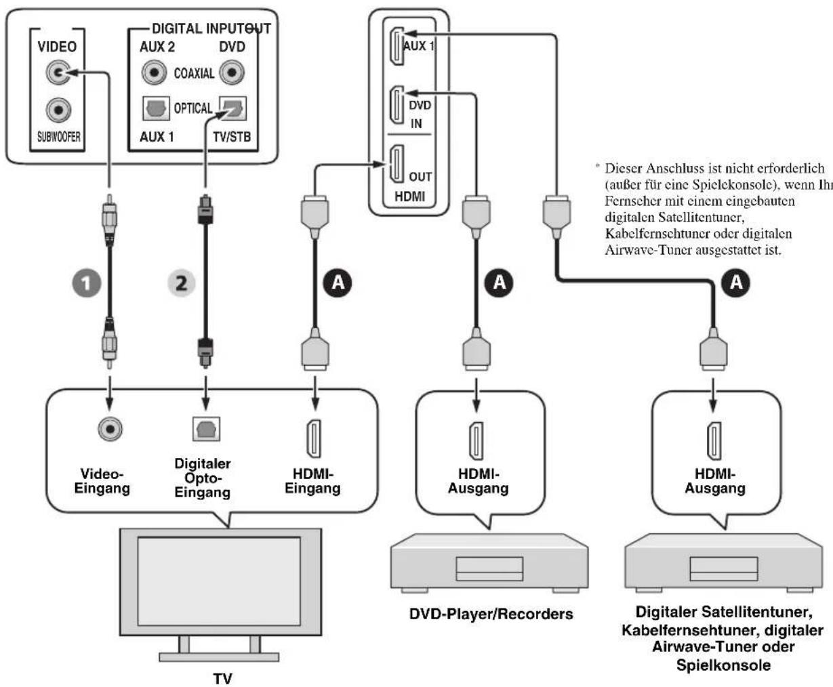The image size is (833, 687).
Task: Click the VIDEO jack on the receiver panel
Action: (58, 72)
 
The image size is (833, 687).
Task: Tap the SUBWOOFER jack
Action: (58, 110)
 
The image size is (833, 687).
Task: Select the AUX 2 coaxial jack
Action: (154, 72)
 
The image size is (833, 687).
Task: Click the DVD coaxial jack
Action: (232, 72)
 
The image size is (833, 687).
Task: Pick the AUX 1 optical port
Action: (156, 108)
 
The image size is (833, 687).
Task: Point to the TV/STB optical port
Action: (233, 108)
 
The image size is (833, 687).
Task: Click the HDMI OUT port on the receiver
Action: (397, 164)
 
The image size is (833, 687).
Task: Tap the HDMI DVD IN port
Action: (397, 105)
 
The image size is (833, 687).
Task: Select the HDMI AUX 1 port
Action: (397, 46)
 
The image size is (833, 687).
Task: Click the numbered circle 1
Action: (86, 283)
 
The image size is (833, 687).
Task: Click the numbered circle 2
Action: (181, 283)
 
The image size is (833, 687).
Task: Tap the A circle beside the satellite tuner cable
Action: (736, 283)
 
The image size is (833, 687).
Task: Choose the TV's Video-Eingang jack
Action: (110, 429)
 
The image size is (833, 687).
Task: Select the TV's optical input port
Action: (206, 429)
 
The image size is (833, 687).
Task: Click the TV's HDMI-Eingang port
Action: (314, 438)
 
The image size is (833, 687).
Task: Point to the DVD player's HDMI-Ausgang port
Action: (476, 441)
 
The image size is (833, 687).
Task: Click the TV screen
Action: (219, 582)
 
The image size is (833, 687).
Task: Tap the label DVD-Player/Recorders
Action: (491, 614)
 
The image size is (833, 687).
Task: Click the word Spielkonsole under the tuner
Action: (723, 665)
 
